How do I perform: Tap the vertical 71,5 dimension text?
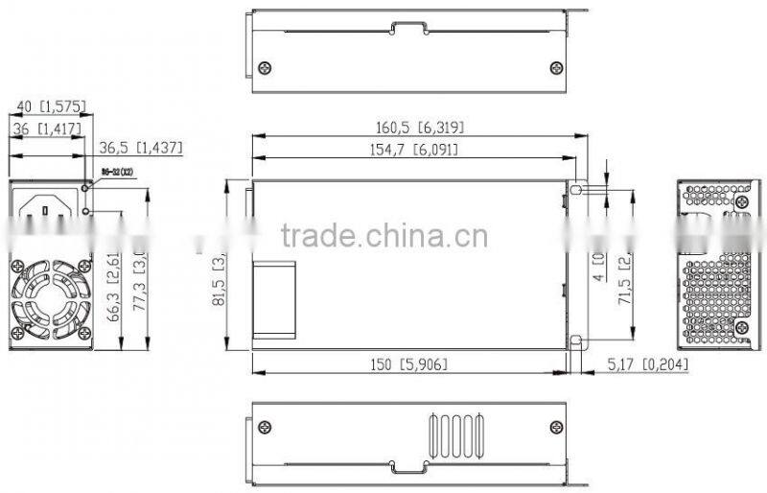pyautogui.click(x=624, y=278)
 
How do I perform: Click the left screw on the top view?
pyautogui.click(x=266, y=67)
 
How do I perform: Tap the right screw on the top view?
pyautogui.click(x=555, y=67)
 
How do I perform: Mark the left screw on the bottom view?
pyautogui.click(x=266, y=427)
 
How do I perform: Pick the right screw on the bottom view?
pyautogui.click(x=555, y=427)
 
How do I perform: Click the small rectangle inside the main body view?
pyautogui.click(x=275, y=296)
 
